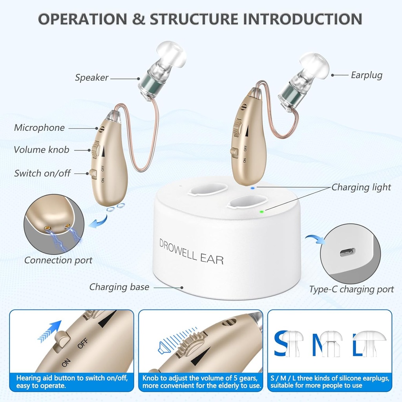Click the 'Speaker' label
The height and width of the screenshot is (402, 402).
91,78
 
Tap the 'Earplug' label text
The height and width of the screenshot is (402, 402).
366,75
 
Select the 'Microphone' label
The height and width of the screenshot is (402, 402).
39,128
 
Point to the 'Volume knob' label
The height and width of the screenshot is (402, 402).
41,150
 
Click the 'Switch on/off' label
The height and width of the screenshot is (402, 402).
42,173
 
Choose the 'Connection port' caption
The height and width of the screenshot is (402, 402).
58,260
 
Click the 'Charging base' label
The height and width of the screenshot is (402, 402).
119,287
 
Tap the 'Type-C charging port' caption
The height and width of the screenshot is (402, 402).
351,290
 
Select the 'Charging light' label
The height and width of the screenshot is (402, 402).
361,187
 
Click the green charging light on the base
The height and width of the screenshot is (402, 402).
261,212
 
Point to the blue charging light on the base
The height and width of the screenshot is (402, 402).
252,188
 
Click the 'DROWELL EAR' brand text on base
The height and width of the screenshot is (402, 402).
191,251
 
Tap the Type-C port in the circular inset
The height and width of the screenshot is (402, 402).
347,252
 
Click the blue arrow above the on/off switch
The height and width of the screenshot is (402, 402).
49,330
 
